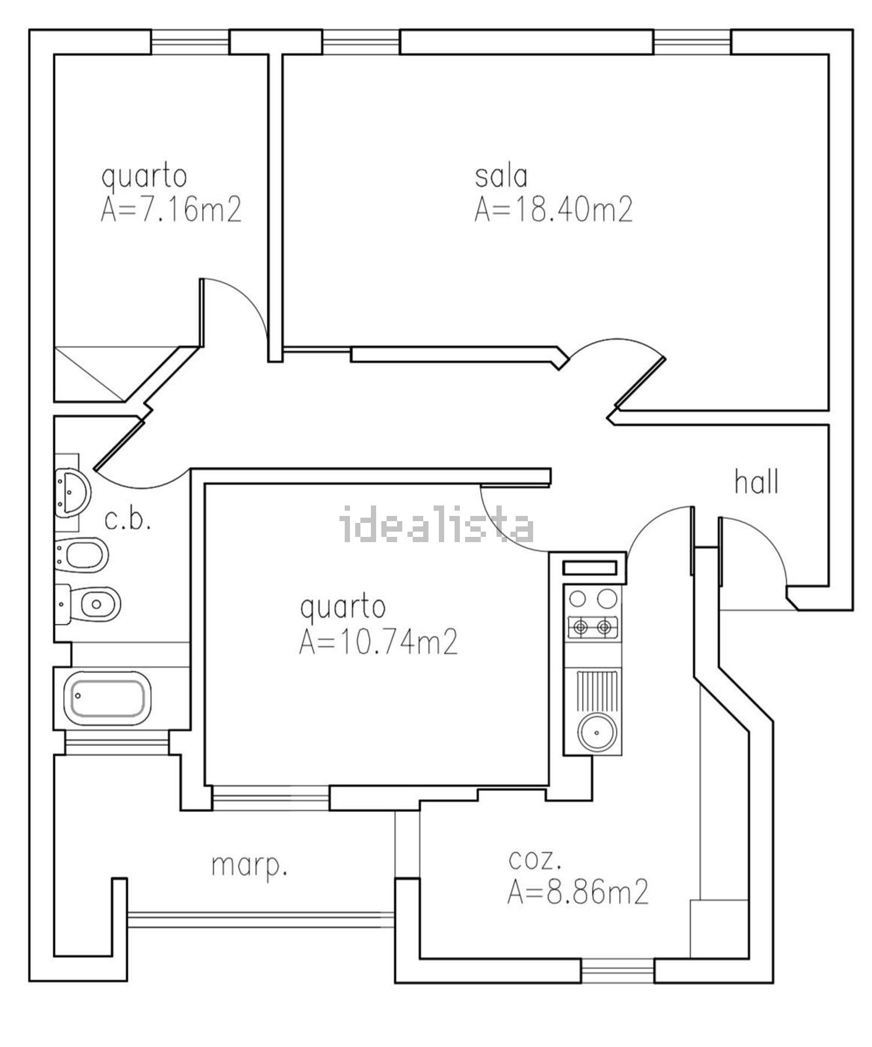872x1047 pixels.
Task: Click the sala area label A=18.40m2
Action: pyautogui.click(x=553, y=210)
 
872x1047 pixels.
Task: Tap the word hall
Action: pyautogui.click(x=756, y=483)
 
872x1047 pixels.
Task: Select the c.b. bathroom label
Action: pyautogui.click(x=128, y=521)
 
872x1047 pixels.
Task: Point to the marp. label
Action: pyautogui.click(x=249, y=867)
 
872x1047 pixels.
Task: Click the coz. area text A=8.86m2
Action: pyautogui.click(x=577, y=892)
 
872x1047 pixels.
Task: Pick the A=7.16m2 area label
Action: pyautogui.click(x=171, y=210)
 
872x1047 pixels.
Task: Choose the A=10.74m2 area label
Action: pyautogui.click(x=378, y=643)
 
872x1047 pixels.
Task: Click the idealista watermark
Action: pyautogui.click(x=437, y=524)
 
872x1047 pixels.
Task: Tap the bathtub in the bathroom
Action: pyautogui.click(x=109, y=697)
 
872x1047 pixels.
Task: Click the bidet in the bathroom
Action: pyautogui.click(x=83, y=554)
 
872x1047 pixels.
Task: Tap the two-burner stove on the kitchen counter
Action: pyautogui.click(x=592, y=627)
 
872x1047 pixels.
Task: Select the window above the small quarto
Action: pyautogui.click(x=190, y=42)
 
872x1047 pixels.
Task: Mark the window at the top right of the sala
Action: pyautogui.click(x=692, y=42)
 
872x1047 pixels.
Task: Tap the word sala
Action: pyautogui.click(x=501, y=176)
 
